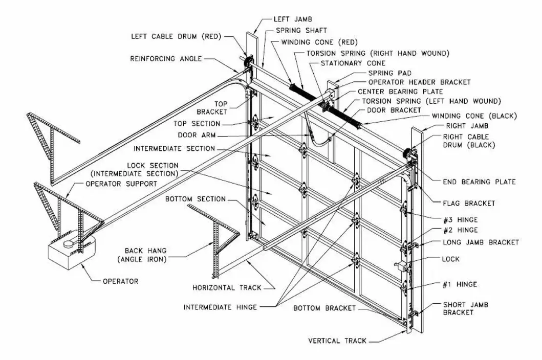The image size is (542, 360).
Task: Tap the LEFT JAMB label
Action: click(292, 18)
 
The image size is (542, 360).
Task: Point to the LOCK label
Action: click(450, 259)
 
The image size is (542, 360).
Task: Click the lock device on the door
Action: click(400, 265)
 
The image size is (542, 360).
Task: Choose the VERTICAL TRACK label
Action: click(337, 341)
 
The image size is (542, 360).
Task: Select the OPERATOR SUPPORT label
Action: click(117, 184)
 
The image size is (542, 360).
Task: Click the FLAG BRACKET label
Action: click(469, 203)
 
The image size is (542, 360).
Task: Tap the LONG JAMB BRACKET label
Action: click(480, 242)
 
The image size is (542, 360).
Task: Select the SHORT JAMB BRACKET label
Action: click(465, 308)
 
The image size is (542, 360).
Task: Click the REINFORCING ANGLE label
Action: click(164, 59)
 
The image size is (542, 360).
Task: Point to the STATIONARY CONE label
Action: click(353, 63)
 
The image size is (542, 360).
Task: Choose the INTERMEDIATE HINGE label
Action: click(220, 307)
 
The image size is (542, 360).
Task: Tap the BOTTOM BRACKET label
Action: click(325, 308)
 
